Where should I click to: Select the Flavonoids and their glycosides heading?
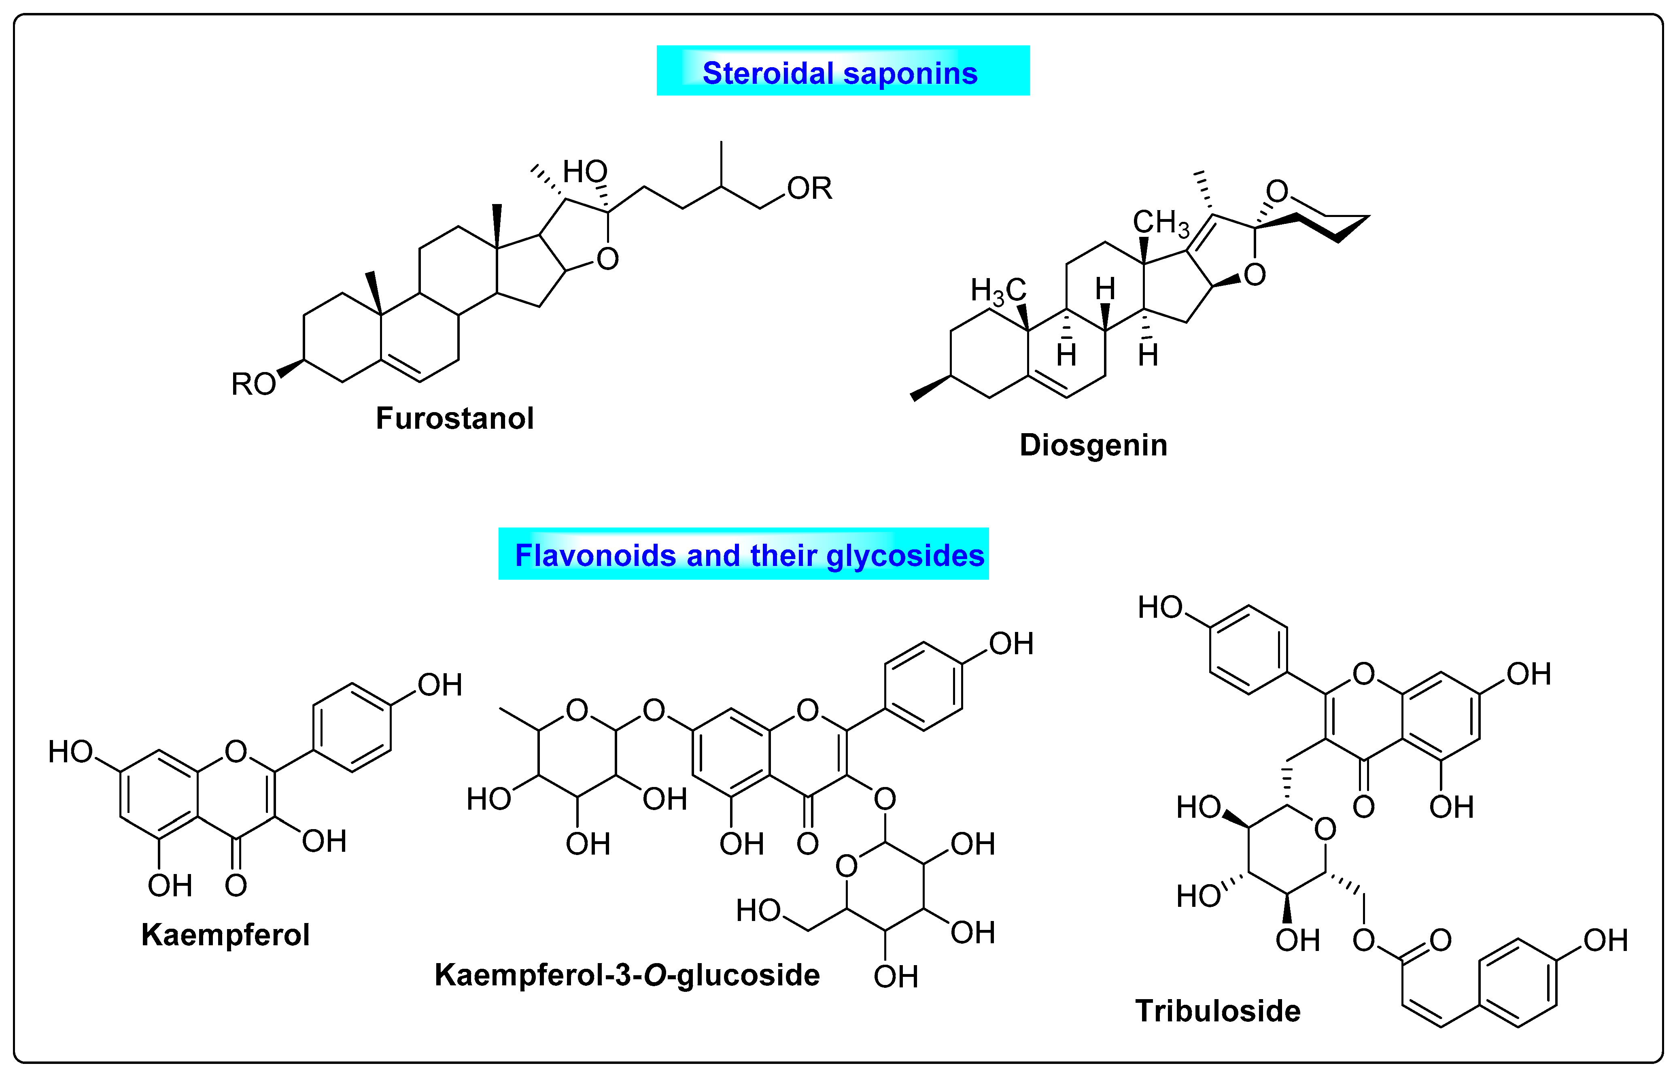point(749,555)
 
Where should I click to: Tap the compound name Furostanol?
point(454,418)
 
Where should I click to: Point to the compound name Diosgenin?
point(1093,445)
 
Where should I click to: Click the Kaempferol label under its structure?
point(225,934)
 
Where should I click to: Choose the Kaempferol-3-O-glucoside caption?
point(626,974)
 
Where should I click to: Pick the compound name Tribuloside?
point(1217,1011)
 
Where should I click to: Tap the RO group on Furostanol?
point(253,383)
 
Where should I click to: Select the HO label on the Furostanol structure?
point(584,171)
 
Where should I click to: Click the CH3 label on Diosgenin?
point(1161,223)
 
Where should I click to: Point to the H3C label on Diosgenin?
point(998,291)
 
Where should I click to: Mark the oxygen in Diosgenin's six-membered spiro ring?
point(1276,191)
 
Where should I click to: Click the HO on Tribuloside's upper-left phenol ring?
point(1160,607)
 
